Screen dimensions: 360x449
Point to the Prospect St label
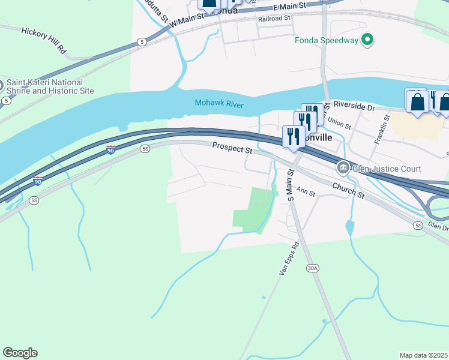coord(232,148)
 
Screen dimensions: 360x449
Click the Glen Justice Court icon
coord(343,168)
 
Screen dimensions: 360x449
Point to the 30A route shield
coord(312,269)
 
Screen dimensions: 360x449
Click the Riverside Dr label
coord(354,106)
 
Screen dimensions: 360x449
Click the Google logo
coord(20,353)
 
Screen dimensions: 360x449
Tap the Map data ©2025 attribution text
coord(424,355)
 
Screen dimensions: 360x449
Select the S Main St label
coord(291,185)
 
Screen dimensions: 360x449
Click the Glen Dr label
coord(439,227)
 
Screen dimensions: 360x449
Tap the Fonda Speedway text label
coord(327,41)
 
